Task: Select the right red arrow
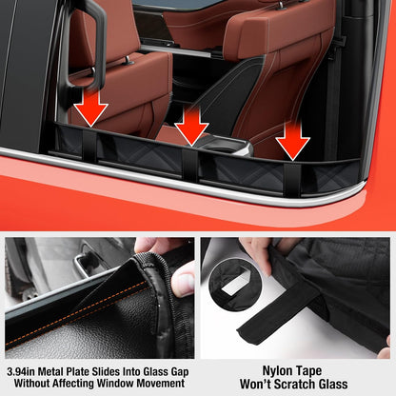point(293,144)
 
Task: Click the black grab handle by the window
point(95,43)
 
